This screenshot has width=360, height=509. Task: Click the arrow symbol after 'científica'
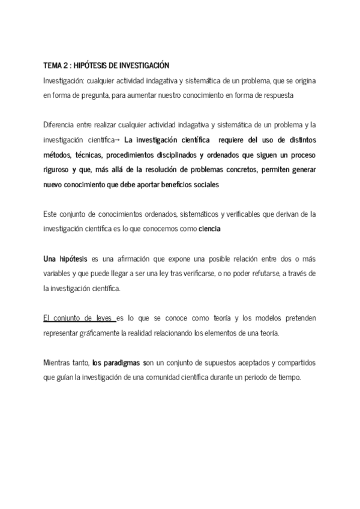pos(118,140)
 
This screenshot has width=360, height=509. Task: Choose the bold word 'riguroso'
pos(58,170)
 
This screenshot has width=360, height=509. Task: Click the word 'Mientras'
pos(57,364)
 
